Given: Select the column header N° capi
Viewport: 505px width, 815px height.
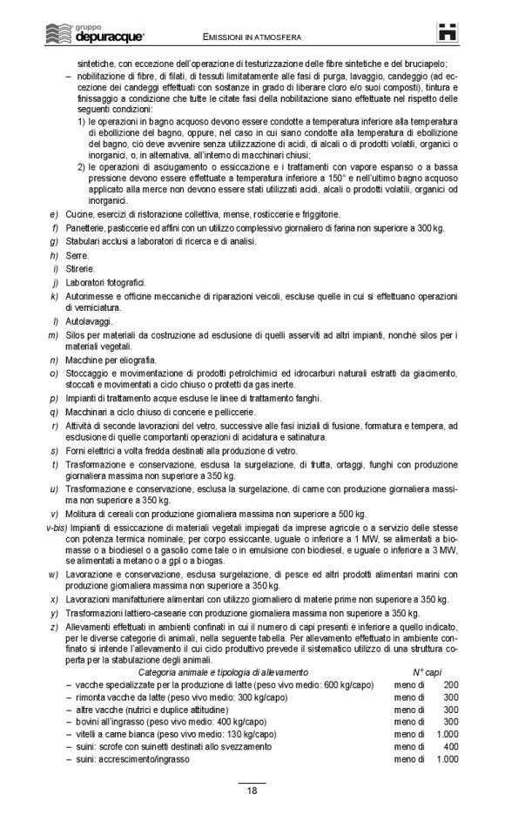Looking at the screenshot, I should point(429,673).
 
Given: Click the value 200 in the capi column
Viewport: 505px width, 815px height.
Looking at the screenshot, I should point(450,686).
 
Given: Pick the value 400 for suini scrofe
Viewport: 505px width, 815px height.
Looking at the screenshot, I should point(450,747).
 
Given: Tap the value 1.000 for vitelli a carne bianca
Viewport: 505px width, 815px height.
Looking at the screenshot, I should point(447,735).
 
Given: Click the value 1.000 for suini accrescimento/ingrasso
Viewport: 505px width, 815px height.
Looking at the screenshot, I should point(447,759).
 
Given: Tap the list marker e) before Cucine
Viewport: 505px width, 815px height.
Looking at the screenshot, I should point(54,213).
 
